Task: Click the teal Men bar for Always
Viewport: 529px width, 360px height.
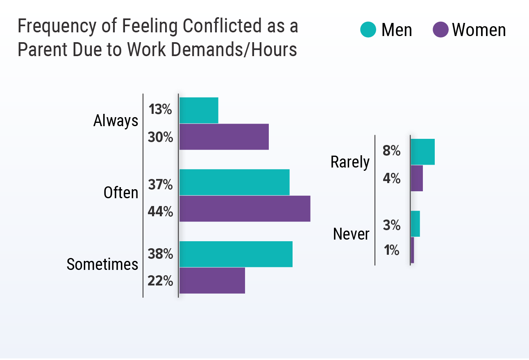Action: (199, 110)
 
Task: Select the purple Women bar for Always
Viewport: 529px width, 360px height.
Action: (224, 137)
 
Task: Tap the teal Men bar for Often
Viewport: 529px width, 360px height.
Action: (234, 182)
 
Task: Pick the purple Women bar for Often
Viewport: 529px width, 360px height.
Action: (245, 209)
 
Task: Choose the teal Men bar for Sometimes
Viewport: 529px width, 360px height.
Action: (236, 254)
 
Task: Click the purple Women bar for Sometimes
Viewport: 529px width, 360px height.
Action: (212, 281)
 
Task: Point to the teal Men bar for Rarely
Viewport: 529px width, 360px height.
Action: (422, 152)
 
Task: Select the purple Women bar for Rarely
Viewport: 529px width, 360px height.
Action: (417, 178)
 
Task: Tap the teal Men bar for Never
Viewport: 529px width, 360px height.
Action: (415, 224)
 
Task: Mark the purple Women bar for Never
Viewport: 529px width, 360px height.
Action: (412, 250)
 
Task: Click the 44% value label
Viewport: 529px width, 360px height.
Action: (160, 212)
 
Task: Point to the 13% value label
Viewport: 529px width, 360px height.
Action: (160, 110)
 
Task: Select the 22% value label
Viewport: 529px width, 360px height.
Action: (160, 281)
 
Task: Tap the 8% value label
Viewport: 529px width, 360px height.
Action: (391, 151)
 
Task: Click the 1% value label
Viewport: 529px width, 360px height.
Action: (391, 250)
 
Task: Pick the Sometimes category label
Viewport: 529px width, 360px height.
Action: (102, 265)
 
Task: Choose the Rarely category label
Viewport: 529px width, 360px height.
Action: (350, 163)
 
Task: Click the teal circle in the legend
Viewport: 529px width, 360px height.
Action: (368, 30)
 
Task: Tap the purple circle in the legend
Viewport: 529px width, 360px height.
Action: (440, 30)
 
